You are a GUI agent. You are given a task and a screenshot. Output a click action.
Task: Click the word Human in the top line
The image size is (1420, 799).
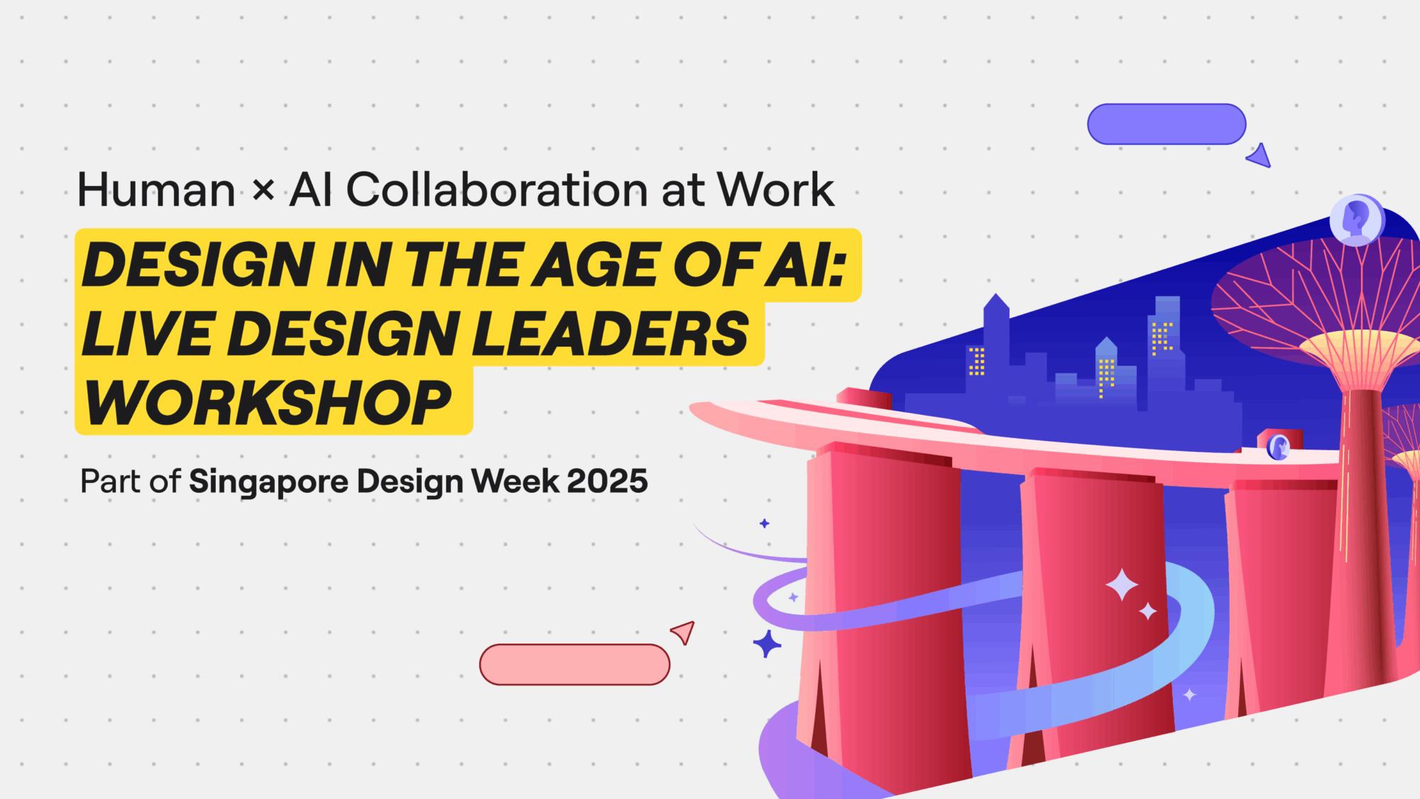pyautogui.click(x=156, y=190)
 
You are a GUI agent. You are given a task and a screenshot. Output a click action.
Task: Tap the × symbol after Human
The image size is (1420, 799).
pyautogui.click(x=263, y=190)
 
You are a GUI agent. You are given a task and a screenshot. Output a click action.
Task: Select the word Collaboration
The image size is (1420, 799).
pyautogui.click(x=497, y=190)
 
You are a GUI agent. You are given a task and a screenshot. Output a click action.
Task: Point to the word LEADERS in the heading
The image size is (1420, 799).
pyautogui.click(x=611, y=334)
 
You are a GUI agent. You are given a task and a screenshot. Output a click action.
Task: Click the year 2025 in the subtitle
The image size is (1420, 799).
pyautogui.click(x=608, y=482)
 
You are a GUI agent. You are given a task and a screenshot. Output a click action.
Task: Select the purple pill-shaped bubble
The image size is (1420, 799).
pyautogui.click(x=1167, y=124)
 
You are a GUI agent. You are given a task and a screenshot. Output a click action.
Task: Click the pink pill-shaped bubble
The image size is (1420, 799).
pyautogui.click(x=574, y=665)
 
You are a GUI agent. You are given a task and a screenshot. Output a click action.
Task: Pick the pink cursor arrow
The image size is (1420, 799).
pyautogui.click(x=684, y=631)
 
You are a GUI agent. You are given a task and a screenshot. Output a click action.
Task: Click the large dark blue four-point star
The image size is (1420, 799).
pyautogui.click(x=767, y=644)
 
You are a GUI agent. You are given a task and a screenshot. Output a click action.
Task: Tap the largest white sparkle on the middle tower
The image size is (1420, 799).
pyautogui.click(x=1122, y=585)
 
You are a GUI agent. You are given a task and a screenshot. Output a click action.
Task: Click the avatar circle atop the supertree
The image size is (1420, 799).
pyautogui.click(x=1357, y=219)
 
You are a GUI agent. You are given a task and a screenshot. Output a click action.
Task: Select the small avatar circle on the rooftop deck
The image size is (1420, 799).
pyautogui.click(x=1279, y=447)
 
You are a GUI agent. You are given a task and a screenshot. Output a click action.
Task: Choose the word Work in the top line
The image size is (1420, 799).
pyautogui.click(x=776, y=190)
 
